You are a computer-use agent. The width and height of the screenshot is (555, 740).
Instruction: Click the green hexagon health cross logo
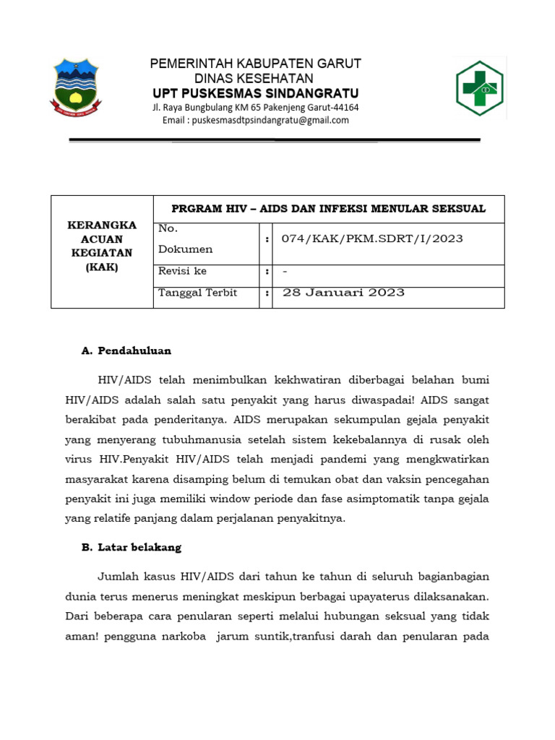click(479, 88)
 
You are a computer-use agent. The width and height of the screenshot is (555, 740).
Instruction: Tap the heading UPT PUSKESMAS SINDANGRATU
click(255, 93)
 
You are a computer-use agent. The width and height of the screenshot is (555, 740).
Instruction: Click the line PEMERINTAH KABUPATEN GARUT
click(255, 64)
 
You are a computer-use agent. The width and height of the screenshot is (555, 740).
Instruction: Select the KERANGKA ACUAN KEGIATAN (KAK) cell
click(102, 246)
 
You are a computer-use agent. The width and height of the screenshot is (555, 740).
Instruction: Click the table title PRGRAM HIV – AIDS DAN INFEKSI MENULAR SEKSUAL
click(328, 209)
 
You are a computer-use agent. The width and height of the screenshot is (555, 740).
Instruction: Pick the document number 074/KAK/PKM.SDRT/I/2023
click(372, 238)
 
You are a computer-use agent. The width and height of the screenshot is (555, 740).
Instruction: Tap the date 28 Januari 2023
click(343, 293)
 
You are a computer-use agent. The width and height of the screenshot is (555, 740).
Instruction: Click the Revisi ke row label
click(182, 271)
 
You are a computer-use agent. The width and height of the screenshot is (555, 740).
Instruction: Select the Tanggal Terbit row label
click(197, 293)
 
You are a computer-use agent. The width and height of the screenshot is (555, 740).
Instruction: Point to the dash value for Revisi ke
click(285, 272)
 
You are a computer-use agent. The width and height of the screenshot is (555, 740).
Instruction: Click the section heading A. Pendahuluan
click(126, 350)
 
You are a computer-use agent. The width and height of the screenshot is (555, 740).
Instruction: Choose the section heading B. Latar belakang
click(131, 547)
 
